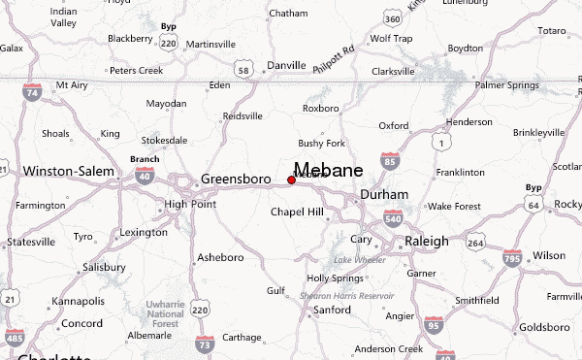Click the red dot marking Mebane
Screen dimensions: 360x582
pos(291,180)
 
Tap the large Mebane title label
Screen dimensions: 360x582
pos(328,170)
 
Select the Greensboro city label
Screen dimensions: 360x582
pos(237,180)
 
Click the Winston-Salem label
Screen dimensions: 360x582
pos(62,171)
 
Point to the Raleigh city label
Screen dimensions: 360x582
pos(427,241)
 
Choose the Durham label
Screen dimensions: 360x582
pos(384,194)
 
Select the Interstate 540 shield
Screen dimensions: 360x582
pos(392,220)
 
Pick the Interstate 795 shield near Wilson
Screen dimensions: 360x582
pos(512,257)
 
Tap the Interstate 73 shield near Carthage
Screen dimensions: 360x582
pos(205,344)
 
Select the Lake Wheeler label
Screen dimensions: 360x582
pos(354,260)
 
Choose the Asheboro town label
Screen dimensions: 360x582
pos(218,257)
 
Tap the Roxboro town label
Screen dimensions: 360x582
pos(321,108)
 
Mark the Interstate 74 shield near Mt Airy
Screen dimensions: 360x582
pos(33,93)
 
